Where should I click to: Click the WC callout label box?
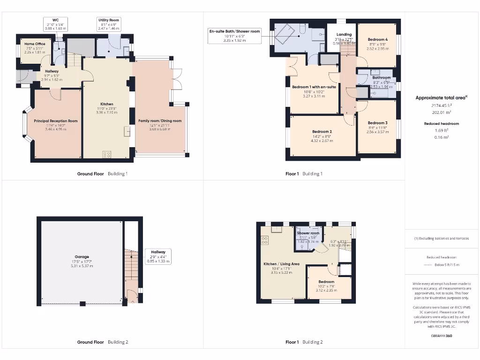56,24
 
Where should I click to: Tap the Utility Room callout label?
109,24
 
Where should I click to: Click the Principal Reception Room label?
56,120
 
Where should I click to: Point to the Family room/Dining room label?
160,120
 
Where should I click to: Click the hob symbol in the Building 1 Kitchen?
107,154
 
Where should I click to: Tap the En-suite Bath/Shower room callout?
234,36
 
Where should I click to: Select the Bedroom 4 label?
378,39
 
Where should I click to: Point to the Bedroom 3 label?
377,123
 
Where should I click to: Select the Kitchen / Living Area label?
281,264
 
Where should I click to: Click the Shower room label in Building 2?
308,233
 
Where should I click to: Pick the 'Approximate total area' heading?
441,98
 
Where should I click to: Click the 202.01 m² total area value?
441,112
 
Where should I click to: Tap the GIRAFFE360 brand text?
441,336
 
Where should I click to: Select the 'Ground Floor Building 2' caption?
102,342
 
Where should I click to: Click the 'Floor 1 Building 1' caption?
304,174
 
